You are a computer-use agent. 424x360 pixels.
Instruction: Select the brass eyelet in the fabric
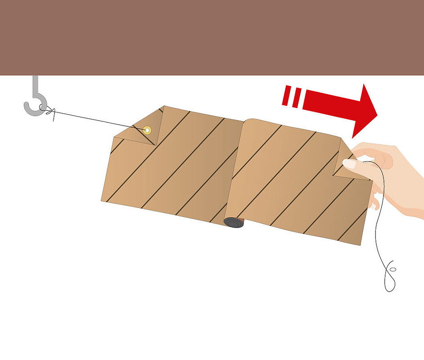pyautogui.click(x=147, y=130)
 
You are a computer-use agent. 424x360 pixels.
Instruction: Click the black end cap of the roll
pyautogui.click(x=233, y=222)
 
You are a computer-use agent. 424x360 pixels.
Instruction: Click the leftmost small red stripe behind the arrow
pyautogui.click(x=286, y=95)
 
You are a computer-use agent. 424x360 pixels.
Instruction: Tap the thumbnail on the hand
pyautogui.click(x=349, y=163)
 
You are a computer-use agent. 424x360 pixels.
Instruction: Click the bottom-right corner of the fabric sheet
pyautogui.click(x=360, y=244)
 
